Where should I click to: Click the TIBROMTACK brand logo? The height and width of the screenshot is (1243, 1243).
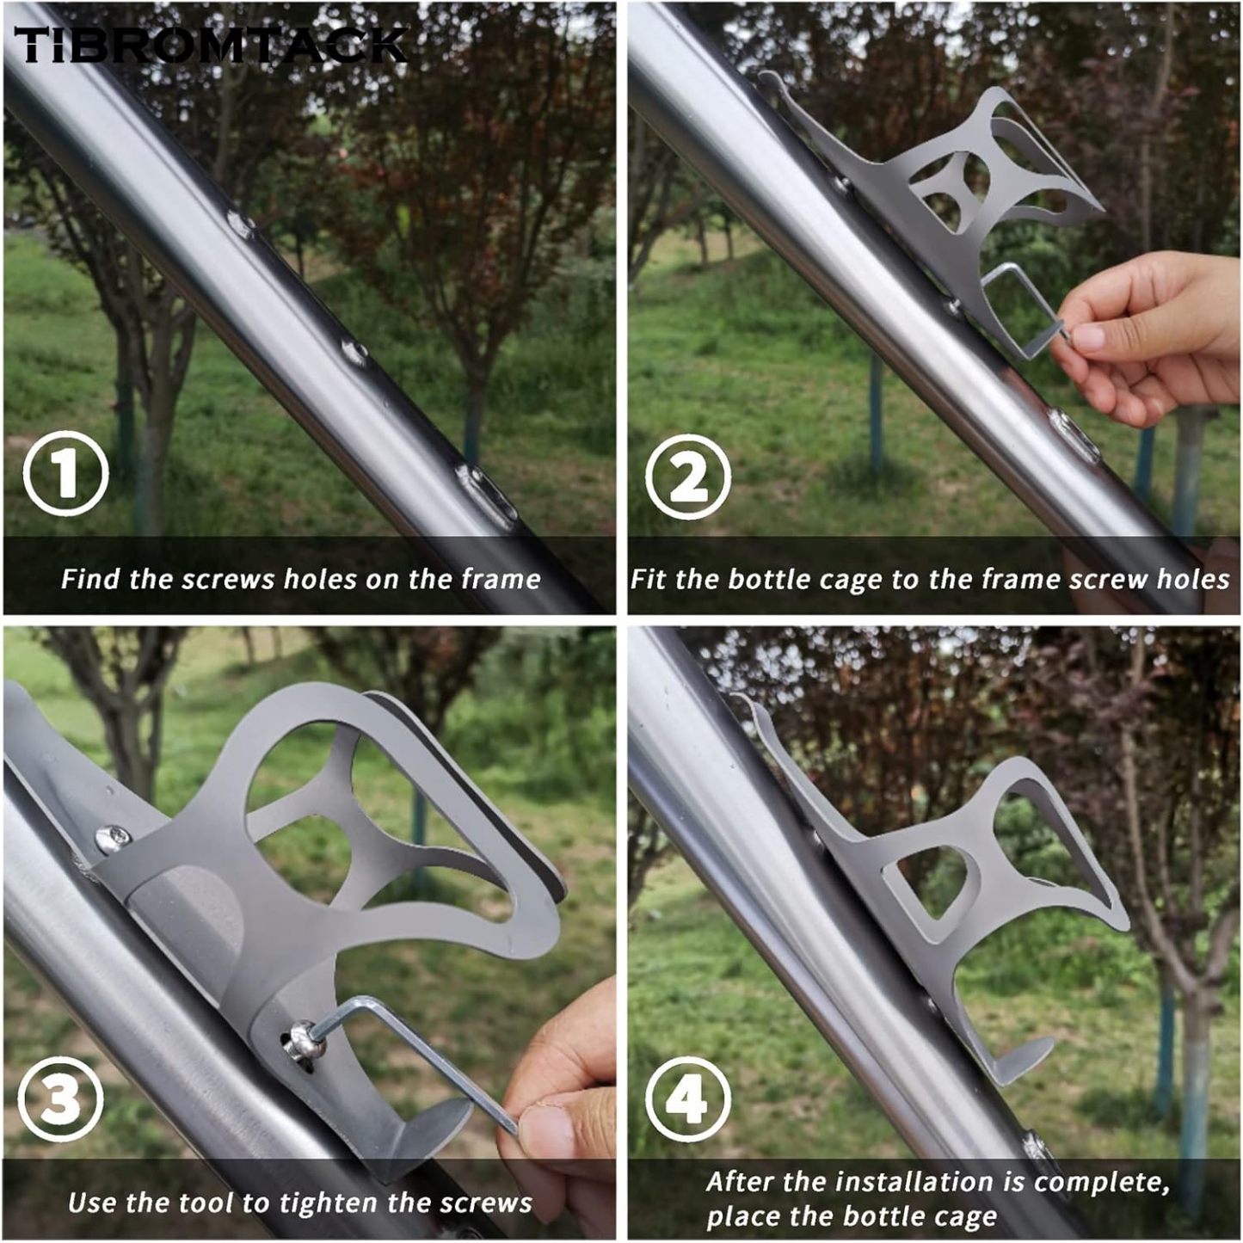click(x=210, y=45)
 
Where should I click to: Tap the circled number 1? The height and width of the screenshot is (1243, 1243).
click(x=66, y=475)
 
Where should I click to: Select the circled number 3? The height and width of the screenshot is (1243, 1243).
click(x=61, y=1098)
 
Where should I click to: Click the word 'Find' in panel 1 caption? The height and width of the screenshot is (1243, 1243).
click(x=90, y=579)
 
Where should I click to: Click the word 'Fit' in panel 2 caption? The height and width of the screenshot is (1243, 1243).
click(x=649, y=579)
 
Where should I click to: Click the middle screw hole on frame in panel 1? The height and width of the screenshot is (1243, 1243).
click(x=354, y=350)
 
